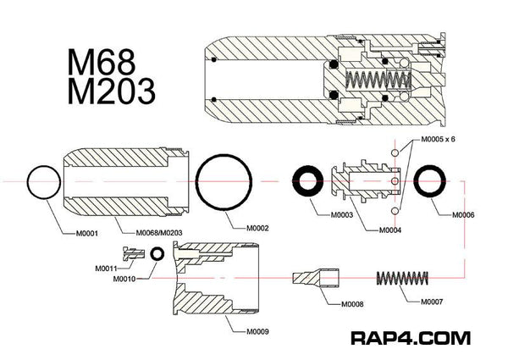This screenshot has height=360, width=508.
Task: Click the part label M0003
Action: click(340, 216)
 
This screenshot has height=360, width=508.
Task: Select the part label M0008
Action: click(353, 304)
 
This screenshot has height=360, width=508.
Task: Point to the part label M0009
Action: click(258, 330)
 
